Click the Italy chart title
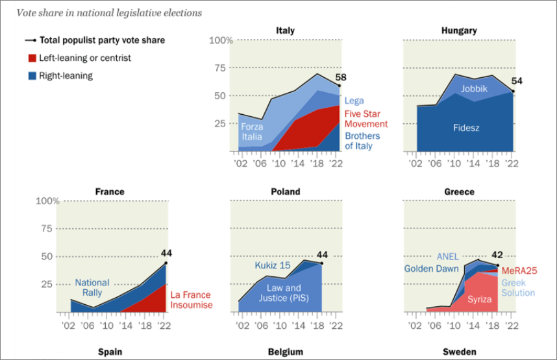[285, 30]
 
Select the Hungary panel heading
[459, 30]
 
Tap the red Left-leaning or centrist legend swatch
[31, 58]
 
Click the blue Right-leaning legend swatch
[31, 75]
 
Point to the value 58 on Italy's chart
[340, 77]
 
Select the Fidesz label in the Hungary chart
[466, 128]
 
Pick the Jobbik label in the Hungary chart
[474, 89]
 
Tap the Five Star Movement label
[365, 119]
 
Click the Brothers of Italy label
[362, 141]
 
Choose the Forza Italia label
[252, 132]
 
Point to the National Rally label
[92, 287]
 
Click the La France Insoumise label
[192, 300]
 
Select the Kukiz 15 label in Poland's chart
[271, 266]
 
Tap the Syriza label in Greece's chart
[479, 299]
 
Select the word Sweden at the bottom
[459, 352]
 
